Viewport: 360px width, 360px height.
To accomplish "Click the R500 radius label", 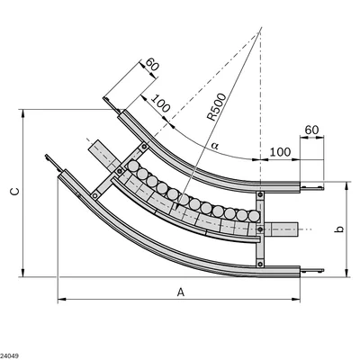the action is (x=217, y=107).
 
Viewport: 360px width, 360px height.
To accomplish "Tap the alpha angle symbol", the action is (x=215, y=146).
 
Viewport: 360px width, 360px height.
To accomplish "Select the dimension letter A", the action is (x=180, y=292).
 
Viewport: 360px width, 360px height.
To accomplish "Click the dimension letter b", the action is (x=339, y=229).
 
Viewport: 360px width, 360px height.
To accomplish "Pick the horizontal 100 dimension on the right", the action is (x=280, y=152).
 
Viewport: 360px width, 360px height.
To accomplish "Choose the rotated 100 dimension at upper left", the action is (x=160, y=103).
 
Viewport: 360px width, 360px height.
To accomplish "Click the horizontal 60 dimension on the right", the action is (x=311, y=130).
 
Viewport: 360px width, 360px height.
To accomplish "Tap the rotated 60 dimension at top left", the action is (x=152, y=64).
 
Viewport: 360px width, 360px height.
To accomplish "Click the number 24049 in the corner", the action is (x=9, y=356).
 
